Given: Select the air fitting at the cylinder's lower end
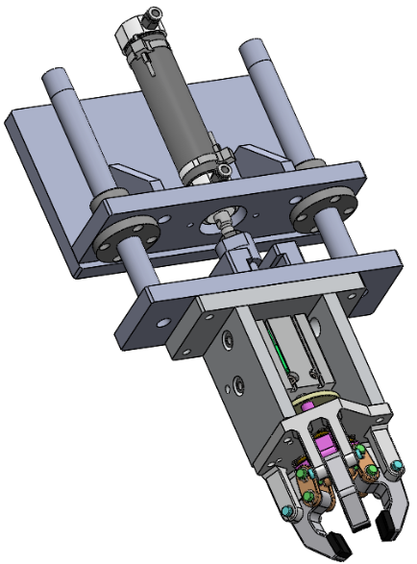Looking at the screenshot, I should coord(223,169).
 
